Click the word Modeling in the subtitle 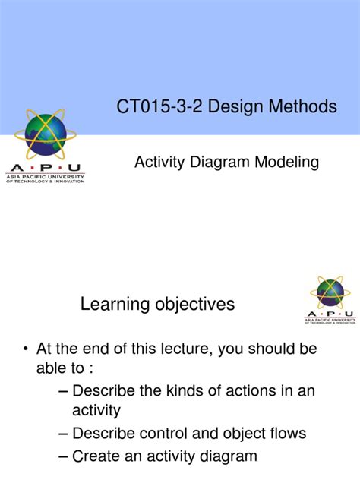click(x=282, y=162)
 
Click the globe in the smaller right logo click(x=330, y=293)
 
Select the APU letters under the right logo click(x=330, y=313)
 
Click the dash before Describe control click(x=63, y=434)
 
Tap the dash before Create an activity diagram click(x=63, y=456)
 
